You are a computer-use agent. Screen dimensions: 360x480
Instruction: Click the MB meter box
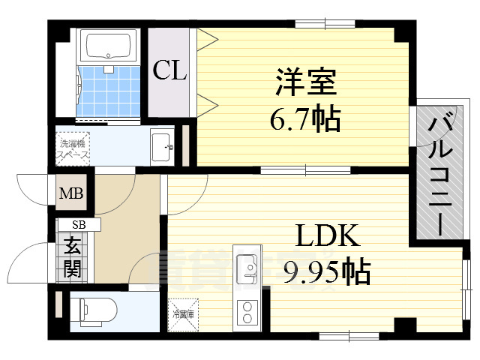pyautogui.click(x=73, y=193)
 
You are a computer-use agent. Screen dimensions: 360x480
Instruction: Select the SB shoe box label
pyautogui.click(x=79, y=224)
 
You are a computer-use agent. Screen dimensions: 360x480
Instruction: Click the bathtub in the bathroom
pyautogui.click(x=109, y=46)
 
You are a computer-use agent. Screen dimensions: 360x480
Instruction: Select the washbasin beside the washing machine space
pyautogui.click(x=161, y=145)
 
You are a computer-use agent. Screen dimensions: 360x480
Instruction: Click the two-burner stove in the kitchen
pyautogui.click(x=245, y=311)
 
